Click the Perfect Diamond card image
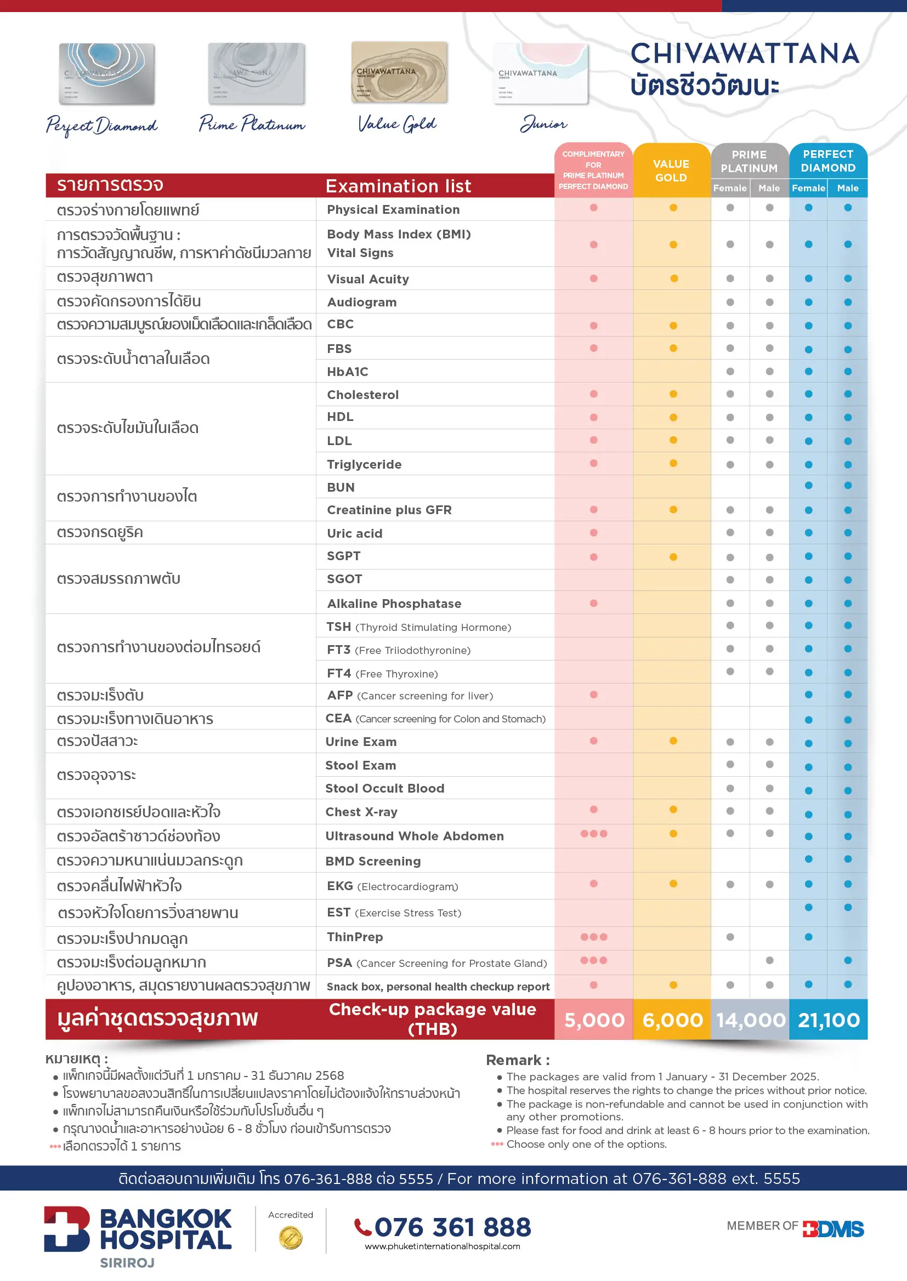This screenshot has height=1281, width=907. (x=107, y=73)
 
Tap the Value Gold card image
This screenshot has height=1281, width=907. (x=399, y=72)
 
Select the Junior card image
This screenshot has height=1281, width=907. (x=541, y=73)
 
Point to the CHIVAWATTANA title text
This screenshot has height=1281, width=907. (x=745, y=54)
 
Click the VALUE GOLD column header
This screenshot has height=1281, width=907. (x=671, y=171)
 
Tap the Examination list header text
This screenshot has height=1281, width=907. (x=398, y=186)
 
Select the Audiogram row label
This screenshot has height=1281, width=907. (x=362, y=302)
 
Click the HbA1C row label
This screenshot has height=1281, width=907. (x=347, y=372)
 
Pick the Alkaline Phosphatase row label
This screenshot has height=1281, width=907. (x=394, y=604)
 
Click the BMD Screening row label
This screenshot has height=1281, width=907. (x=373, y=861)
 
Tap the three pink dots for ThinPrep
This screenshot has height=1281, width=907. (x=594, y=937)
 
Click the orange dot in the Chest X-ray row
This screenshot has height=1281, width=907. (x=673, y=810)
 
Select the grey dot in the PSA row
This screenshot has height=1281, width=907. (x=769, y=960)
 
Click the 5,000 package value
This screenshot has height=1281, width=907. (x=594, y=1020)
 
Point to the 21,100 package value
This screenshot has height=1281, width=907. (x=829, y=1020)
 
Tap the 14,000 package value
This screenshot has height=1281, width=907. (x=751, y=1020)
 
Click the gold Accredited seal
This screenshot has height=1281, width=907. (x=291, y=1238)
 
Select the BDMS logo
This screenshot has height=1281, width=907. (x=834, y=1229)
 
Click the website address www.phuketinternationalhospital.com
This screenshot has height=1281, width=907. (x=443, y=1246)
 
